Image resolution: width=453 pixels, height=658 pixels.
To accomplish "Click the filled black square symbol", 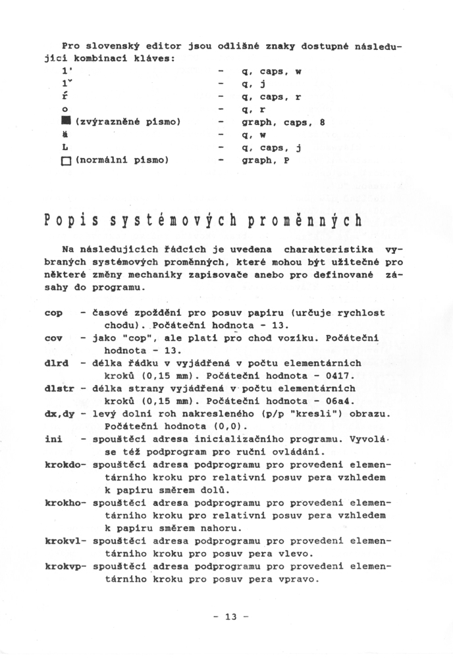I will click(x=66, y=122).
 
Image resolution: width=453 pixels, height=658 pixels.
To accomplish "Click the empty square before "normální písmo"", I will click(x=66, y=160).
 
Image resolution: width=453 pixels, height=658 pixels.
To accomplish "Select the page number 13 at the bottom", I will click(x=230, y=617).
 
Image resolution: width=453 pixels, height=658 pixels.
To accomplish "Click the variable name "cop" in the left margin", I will click(x=53, y=313).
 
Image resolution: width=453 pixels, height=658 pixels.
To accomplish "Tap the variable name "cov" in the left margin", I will click(x=53, y=338).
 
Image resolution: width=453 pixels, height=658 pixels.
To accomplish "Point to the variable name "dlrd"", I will click(x=56, y=363).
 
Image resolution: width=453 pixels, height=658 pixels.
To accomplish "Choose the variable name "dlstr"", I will click(x=59, y=388).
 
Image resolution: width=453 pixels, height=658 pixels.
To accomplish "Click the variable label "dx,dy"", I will click(x=59, y=413).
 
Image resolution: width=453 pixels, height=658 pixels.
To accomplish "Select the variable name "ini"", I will click(x=53, y=438).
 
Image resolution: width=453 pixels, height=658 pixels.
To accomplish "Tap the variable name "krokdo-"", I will click(x=66, y=464).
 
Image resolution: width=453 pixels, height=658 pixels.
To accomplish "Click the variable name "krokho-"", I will click(x=66, y=502).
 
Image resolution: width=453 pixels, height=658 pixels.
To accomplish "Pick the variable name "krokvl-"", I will click(x=66, y=541).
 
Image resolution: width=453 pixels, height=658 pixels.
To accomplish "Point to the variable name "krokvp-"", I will click(x=66, y=566).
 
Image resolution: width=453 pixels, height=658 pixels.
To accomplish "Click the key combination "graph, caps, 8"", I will click(x=284, y=122).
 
